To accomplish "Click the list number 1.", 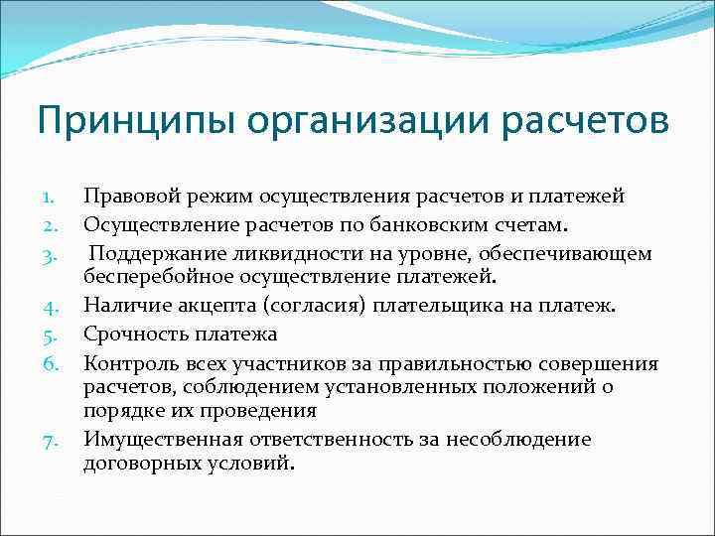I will [x=55, y=198].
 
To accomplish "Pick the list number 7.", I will [x=55, y=440].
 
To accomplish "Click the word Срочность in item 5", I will [x=130, y=334].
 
